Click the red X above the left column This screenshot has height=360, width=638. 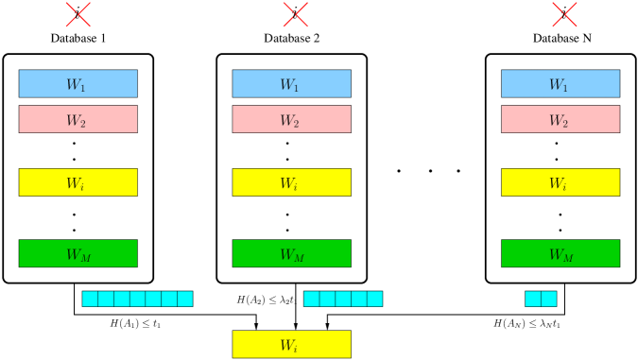pyautogui.click(x=78, y=14)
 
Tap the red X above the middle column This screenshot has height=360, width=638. pyautogui.click(x=296, y=14)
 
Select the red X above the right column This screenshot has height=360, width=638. pyautogui.click(x=564, y=14)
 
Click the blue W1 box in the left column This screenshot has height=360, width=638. pyautogui.click(x=78, y=83)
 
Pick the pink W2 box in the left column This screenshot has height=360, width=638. pyautogui.click(x=78, y=119)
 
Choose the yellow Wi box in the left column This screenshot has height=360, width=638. pyautogui.click(x=78, y=182)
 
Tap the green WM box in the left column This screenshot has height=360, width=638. pyautogui.click(x=78, y=253)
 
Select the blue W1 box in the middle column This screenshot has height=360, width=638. pyautogui.click(x=291, y=83)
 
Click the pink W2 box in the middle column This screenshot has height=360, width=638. pyautogui.click(x=291, y=119)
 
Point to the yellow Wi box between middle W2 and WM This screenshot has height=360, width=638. pyautogui.click(x=291, y=182)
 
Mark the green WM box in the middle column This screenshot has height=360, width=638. pyautogui.click(x=291, y=253)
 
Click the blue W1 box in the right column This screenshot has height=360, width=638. pyautogui.click(x=560, y=83)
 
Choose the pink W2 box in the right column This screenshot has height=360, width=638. pyautogui.click(x=560, y=119)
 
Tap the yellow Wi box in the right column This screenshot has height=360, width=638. pyautogui.click(x=560, y=182)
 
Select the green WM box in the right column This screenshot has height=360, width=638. pyautogui.click(x=560, y=253)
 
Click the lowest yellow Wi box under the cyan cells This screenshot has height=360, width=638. pyautogui.click(x=291, y=344)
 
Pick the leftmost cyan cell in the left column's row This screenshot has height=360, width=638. pyautogui.click(x=90, y=299)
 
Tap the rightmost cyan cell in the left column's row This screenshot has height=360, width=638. pyautogui.click(x=185, y=299)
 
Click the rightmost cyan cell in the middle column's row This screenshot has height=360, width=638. pyautogui.click(x=375, y=299)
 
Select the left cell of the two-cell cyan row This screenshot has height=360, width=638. pyautogui.click(x=533, y=299)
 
